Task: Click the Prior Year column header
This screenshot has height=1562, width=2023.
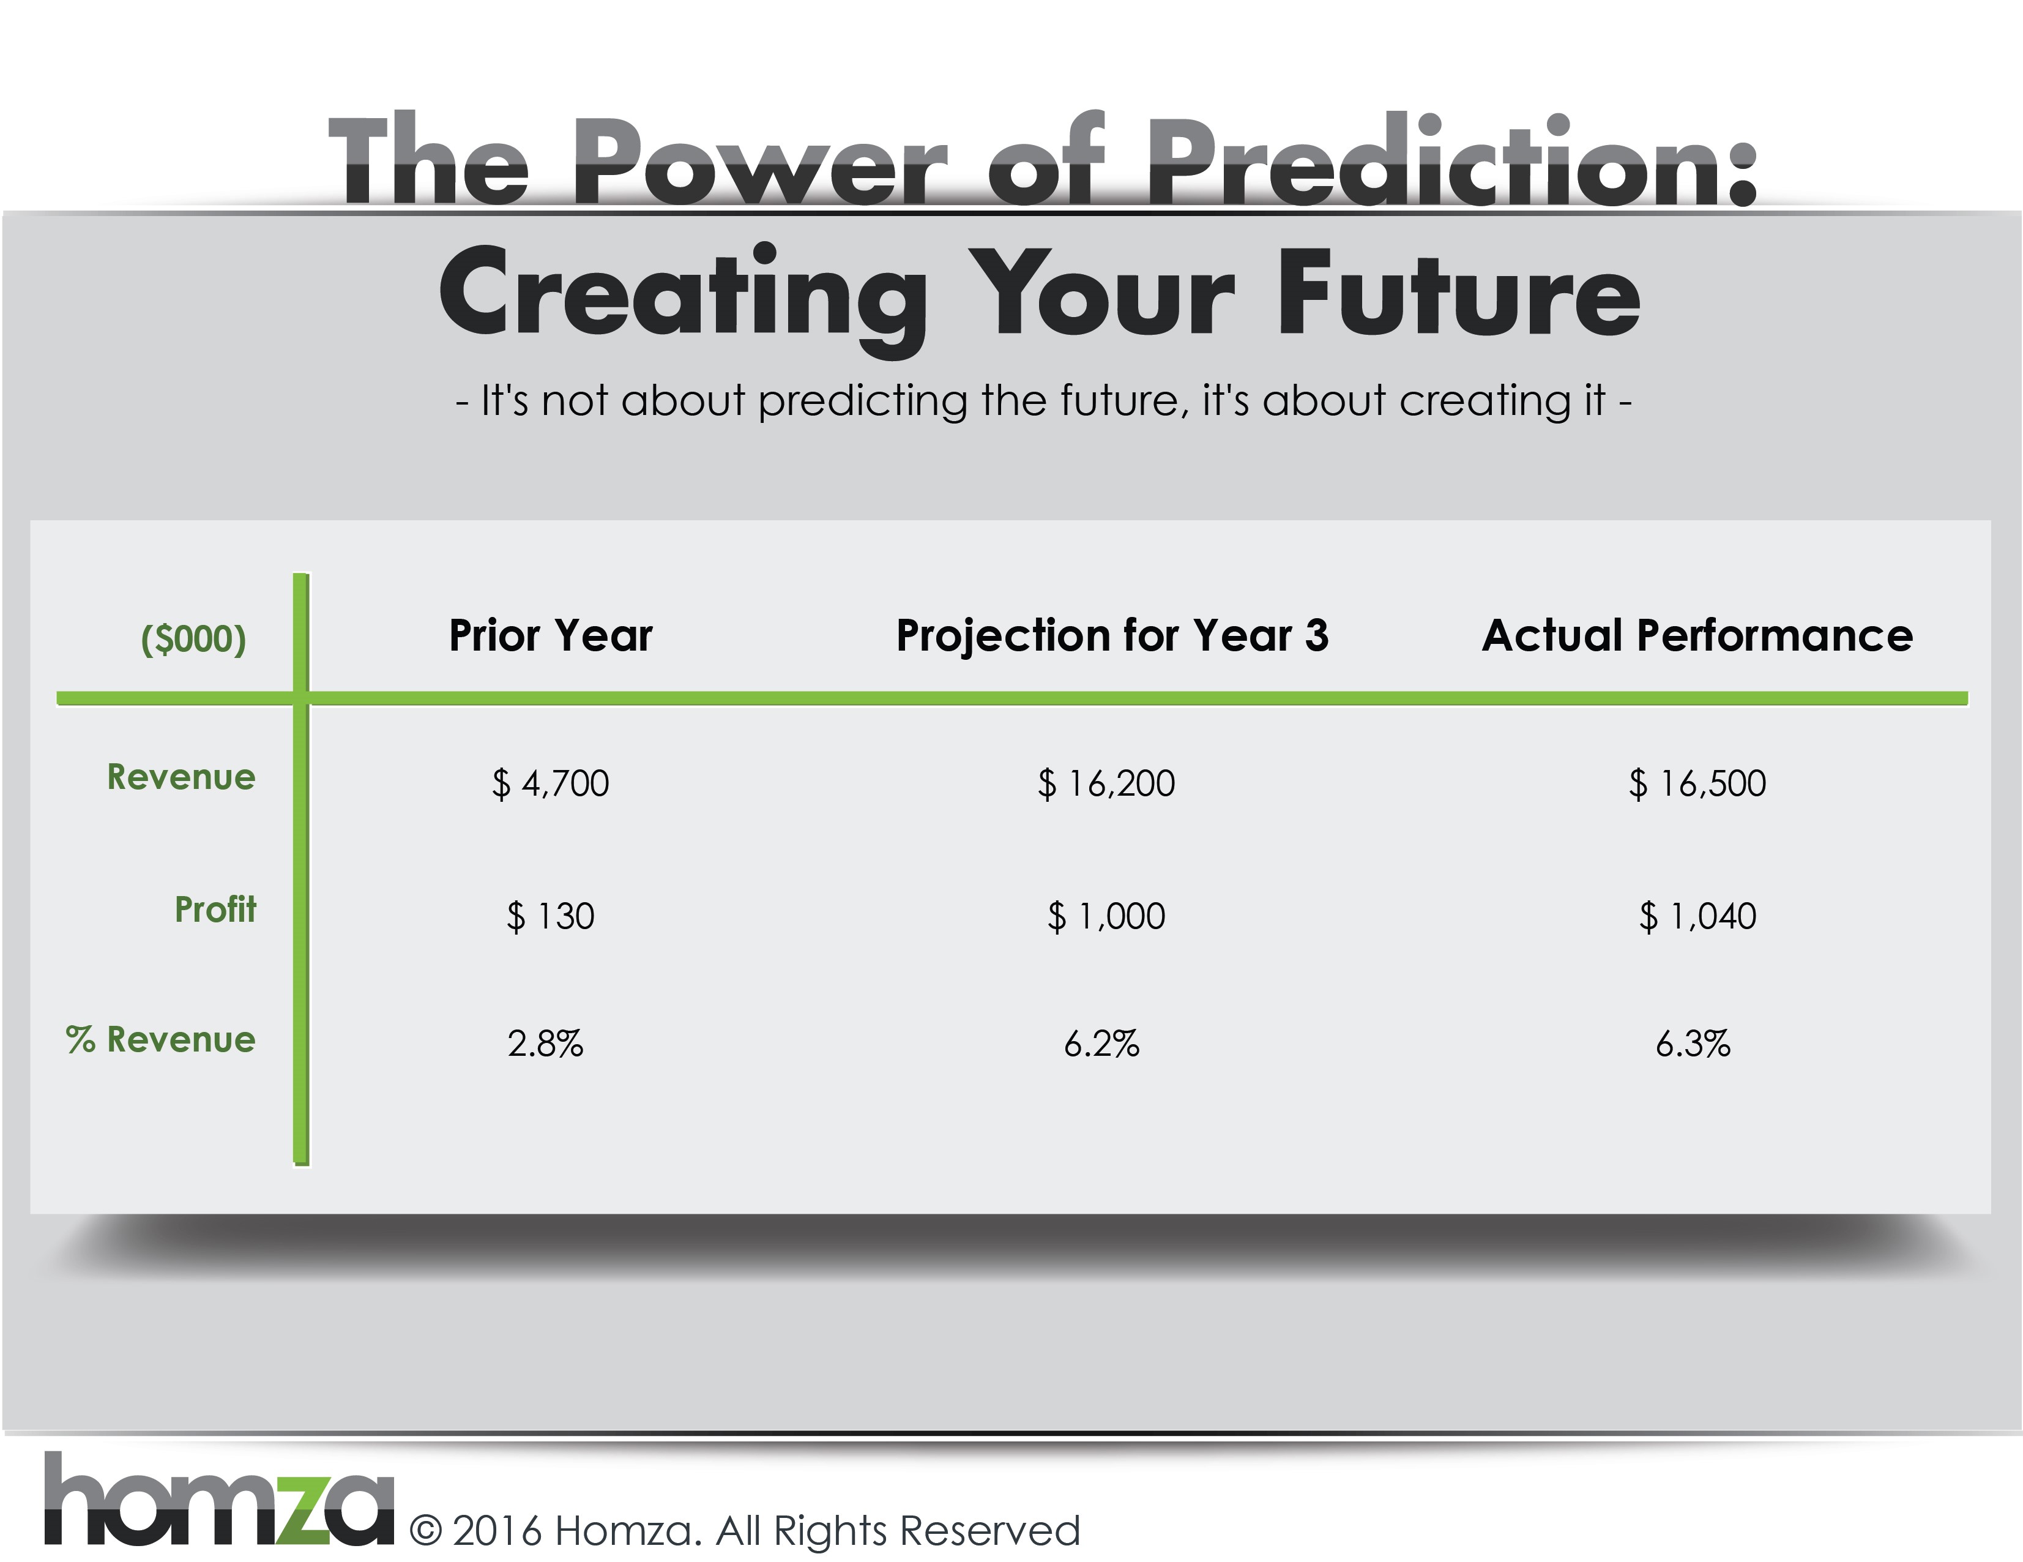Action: coord(551,635)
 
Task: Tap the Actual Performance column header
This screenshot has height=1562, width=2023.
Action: coord(1697,635)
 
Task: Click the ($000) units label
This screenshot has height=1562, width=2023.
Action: coord(193,639)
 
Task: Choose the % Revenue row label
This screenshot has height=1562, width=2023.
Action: coord(160,1039)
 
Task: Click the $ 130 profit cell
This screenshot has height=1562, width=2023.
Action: coord(550,916)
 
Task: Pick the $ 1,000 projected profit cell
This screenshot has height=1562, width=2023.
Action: coord(1106,916)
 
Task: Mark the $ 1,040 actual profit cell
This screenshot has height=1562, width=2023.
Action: coord(1697,916)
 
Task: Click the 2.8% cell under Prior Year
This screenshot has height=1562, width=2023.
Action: coord(546,1044)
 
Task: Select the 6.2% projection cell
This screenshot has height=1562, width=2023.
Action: coord(1101,1044)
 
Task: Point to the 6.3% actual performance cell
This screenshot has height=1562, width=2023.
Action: coord(1693,1044)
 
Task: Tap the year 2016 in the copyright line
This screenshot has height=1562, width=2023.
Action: coord(497,1531)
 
